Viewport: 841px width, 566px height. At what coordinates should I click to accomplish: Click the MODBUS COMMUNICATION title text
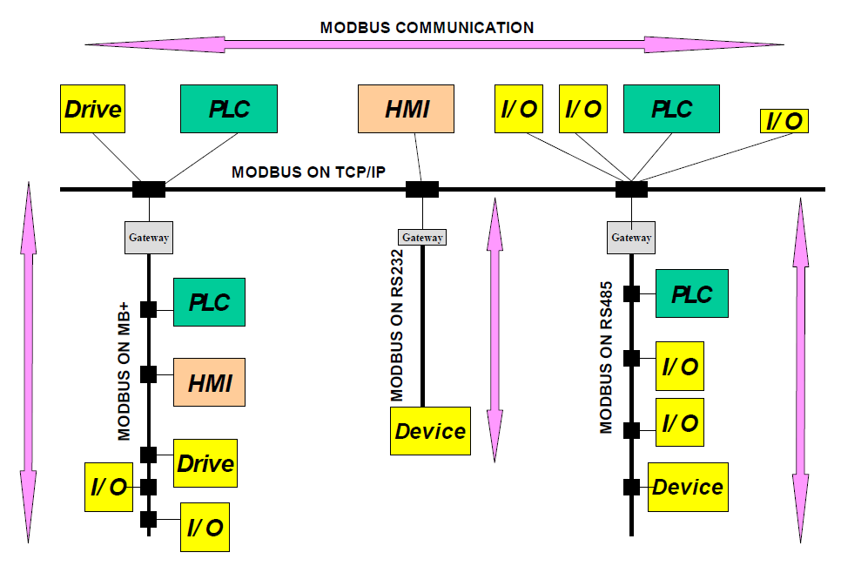[x=427, y=28]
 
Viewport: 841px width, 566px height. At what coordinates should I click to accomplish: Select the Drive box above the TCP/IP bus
[x=93, y=109]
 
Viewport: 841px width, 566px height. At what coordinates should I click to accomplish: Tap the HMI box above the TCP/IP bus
[x=406, y=109]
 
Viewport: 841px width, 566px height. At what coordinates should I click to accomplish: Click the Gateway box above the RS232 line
[x=422, y=237]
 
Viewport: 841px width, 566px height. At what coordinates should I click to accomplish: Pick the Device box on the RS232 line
[x=430, y=431]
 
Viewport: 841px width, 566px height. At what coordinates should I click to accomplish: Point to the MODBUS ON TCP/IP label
[x=308, y=172]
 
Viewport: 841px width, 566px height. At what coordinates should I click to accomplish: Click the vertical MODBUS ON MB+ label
[x=124, y=371]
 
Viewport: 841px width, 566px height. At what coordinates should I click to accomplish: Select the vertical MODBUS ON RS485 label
[x=606, y=357]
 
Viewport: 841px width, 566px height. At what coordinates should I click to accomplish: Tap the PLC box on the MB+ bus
[x=209, y=302]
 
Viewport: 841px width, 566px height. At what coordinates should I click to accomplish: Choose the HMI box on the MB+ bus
[x=209, y=382]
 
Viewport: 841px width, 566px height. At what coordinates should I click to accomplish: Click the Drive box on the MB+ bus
[x=205, y=463]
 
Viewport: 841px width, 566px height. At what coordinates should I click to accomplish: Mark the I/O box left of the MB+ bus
[x=109, y=487]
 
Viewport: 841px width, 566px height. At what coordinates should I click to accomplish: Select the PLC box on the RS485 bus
[x=692, y=293]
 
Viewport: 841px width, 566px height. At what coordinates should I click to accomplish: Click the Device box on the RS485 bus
[x=688, y=487]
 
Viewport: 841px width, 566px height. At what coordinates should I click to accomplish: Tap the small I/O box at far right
[x=784, y=121]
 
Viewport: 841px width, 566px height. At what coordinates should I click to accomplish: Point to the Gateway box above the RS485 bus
[x=631, y=237]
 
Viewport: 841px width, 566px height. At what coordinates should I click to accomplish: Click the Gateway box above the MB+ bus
[x=149, y=237]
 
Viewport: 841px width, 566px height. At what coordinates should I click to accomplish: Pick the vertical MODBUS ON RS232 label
[x=397, y=325]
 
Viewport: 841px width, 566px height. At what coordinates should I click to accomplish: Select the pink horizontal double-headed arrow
[x=434, y=44]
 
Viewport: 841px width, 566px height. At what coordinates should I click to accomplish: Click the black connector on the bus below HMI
[x=422, y=189]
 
